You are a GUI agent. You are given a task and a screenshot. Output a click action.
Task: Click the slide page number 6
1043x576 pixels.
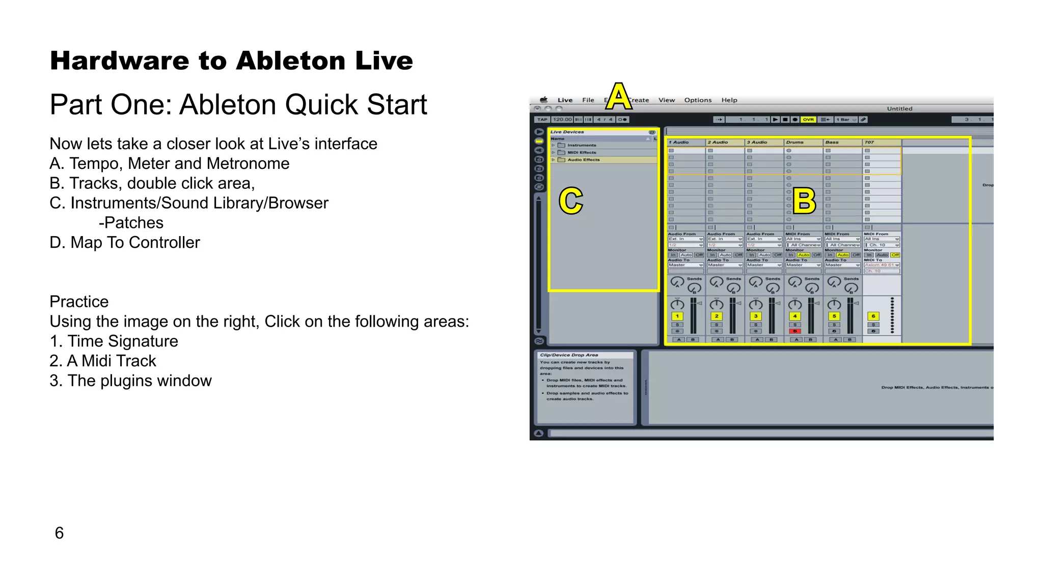(x=59, y=533)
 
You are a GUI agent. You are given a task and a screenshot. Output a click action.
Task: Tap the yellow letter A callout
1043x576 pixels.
(x=618, y=96)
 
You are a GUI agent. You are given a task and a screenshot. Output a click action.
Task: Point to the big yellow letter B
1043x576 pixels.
(x=804, y=200)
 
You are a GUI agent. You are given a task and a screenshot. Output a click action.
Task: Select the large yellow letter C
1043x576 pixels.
(x=570, y=200)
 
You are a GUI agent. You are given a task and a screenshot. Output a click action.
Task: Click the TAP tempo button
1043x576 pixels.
(x=542, y=120)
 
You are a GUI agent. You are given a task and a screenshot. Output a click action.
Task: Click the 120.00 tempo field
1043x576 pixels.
(x=562, y=120)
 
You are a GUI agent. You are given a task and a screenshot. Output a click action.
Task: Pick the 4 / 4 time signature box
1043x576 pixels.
(x=605, y=120)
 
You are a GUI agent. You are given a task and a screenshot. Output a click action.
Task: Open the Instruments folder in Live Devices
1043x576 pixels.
(x=582, y=145)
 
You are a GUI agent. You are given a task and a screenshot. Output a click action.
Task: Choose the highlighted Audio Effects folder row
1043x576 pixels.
(x=584, y=160)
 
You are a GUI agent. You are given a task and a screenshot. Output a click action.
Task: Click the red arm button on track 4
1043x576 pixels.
(x=794, y=331)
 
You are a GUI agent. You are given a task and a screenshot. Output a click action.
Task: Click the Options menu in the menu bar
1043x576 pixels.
(x=698, y=100)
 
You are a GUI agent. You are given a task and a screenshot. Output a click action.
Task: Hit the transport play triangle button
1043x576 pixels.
(x=775, y=120)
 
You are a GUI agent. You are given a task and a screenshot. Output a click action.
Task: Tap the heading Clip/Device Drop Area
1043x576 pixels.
(x=569, y=355)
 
